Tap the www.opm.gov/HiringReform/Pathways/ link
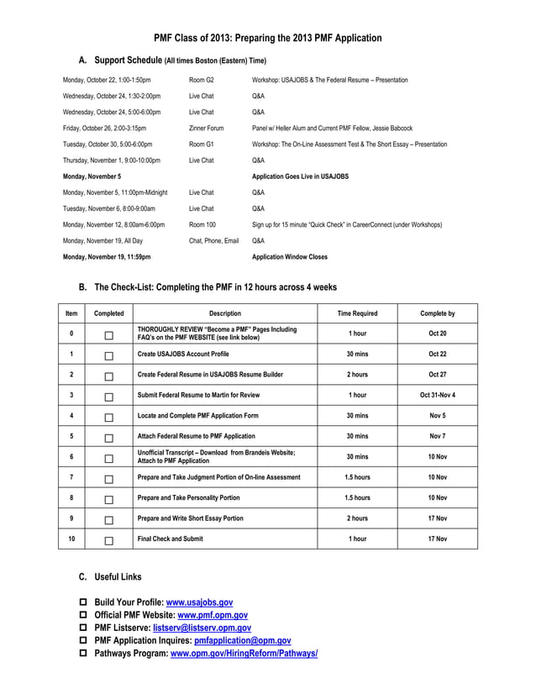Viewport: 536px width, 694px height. [244, 653]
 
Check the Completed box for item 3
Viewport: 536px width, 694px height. [108, 396]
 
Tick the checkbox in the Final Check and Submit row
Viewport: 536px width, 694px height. [108, 540]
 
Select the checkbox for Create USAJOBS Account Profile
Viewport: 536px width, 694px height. [108, 355]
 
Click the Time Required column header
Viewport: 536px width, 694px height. [357, 313]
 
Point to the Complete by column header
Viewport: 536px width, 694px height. [437, 313]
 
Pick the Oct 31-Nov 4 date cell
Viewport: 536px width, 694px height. [437, 395]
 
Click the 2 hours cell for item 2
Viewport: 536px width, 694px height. [357, 375]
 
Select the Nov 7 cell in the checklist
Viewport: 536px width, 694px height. [437, 436]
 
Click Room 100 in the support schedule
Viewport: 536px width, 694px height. [202, 225]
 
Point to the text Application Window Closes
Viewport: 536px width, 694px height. [290, 257]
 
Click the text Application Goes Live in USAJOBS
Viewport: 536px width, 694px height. [300, 176]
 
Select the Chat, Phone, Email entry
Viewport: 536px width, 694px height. [213, 241]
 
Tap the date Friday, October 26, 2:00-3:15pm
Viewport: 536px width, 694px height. [104, 129]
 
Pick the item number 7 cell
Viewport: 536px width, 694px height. [71, 477]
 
